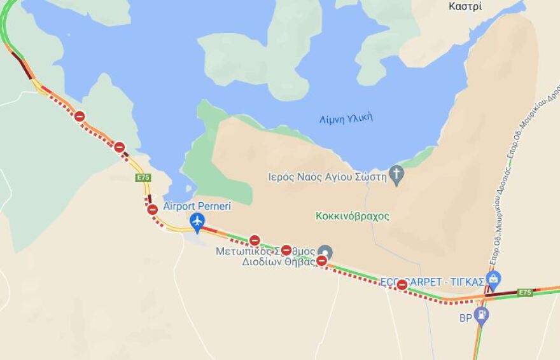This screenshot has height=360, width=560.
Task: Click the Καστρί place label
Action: tap(465, 6)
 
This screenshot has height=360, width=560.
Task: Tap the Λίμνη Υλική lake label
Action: tap(346, 118)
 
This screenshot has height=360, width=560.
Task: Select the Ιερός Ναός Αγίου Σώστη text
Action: tap(336, 177)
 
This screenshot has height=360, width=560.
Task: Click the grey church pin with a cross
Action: tap(396, 174)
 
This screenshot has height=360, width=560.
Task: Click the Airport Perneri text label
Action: tap(197, 206)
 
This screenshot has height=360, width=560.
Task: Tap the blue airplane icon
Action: tap(197, 221)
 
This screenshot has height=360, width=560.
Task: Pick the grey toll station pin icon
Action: tap(325, 251)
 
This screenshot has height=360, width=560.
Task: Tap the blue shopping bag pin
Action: tap(493, 278)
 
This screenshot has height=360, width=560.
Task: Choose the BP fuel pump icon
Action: tap(482, 314)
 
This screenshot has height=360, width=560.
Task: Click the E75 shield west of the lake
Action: tap(143, 177)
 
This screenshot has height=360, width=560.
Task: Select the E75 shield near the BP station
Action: tap(524, 293)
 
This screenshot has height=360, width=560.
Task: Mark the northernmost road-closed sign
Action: tap(80, 116)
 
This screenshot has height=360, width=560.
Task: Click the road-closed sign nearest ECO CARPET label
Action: tap(402, 284)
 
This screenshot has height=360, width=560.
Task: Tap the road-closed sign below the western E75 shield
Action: tap(152, 209)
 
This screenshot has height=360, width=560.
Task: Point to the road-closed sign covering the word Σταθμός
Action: tap(286, 250)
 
